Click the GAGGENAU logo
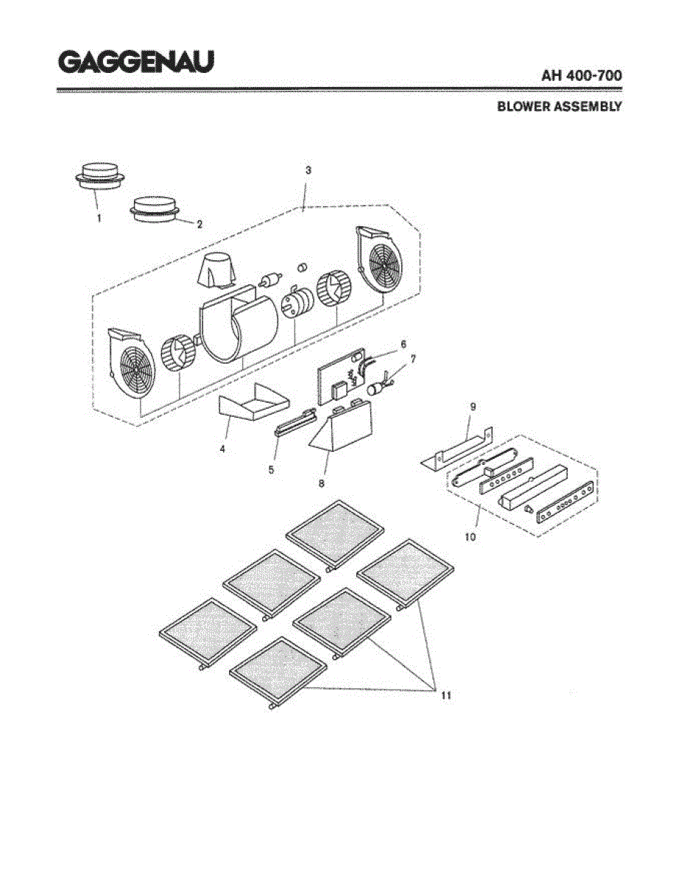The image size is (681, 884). pos(135,62)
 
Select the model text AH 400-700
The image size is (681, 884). pos(582,76)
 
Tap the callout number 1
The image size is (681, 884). pos(99,219)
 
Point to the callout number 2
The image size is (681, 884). pos(200,224)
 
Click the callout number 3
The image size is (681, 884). pos(308,170)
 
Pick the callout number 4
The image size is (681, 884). pos(222,449)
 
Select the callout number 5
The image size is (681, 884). pos(271,470)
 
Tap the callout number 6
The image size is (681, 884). pos(403,344)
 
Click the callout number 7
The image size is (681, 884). pos(414,359)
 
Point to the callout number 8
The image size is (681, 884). pos(321,483)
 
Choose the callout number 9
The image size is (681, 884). pos(473,407)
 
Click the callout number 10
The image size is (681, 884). pos(470,537)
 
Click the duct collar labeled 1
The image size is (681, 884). pos(100,176)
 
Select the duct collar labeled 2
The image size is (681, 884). pos(155,210)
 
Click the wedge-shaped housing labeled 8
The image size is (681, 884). pos(342,427)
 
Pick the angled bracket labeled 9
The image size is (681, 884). pos(456,449)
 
